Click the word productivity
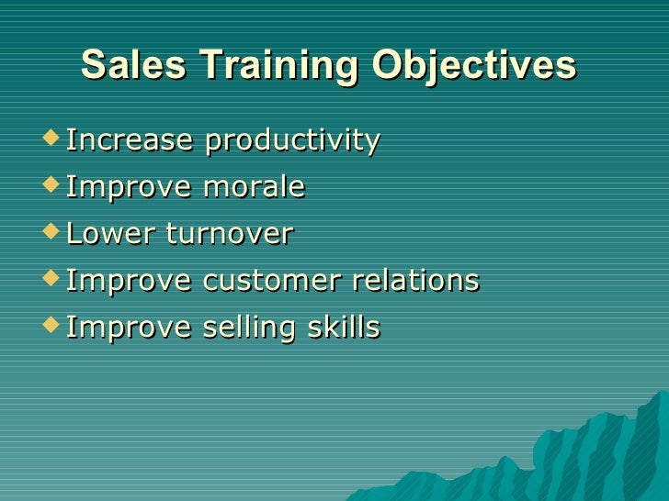coord(292,141)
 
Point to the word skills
coord(345,328)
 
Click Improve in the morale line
coord(130,188)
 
